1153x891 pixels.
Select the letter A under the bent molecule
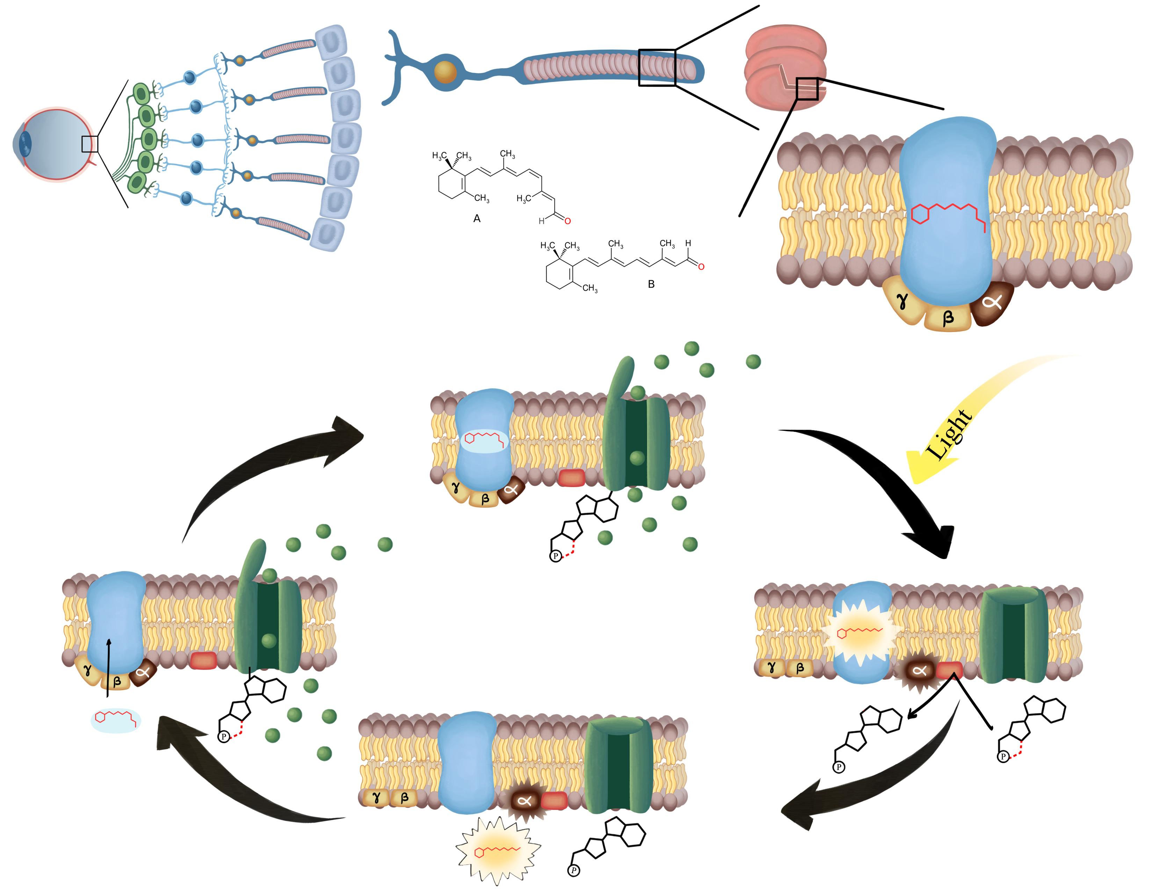477,218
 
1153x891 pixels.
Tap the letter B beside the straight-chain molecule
651,284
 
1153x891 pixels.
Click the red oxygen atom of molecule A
567,220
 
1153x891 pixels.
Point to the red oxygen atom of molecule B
701,267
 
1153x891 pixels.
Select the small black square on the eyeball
90,144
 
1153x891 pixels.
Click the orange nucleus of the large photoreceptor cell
445,72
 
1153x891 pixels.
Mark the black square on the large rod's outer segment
657,67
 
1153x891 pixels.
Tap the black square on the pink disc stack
807,89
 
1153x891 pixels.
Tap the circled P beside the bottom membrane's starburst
574,870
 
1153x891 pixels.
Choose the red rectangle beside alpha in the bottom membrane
553,800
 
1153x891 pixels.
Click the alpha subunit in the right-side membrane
919,671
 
